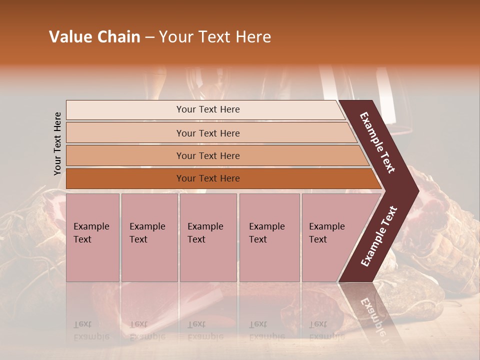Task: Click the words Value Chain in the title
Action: point(94,37)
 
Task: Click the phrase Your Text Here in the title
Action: point(215,37)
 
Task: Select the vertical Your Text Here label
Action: point(57,143)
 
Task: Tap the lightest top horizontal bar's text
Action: point(208,109)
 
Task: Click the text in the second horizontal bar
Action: point(208,133)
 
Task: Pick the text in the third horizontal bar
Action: point(208,156)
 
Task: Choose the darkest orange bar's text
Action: point(208,178)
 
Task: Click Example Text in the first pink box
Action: point(91,233)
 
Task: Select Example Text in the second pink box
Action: point(147,233)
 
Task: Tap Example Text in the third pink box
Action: point(205,233)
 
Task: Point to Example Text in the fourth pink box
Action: point(266,233)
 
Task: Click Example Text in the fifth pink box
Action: point(326,233)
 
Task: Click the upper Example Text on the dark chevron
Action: point(377,142)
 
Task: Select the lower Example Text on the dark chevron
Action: point(379,236)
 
